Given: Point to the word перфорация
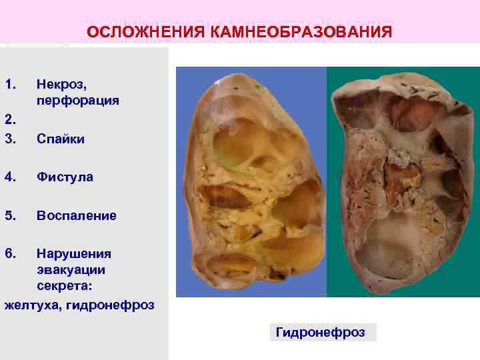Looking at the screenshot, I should [x=78, y=101].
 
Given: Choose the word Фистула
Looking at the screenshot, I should [x=65, y=177].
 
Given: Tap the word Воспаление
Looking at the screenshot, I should [x=77, y=216].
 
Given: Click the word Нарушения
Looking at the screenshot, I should [x=74, y=254].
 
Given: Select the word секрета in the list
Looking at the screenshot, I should [x=64, y=286].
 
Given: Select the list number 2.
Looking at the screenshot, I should [x=8, y=120].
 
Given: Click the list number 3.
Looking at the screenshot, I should [x=9, y=139].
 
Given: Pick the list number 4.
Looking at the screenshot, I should [x=9, y=177].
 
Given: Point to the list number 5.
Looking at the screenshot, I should [x=9, y=216].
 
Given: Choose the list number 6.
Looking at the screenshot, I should [x=9, y=254].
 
